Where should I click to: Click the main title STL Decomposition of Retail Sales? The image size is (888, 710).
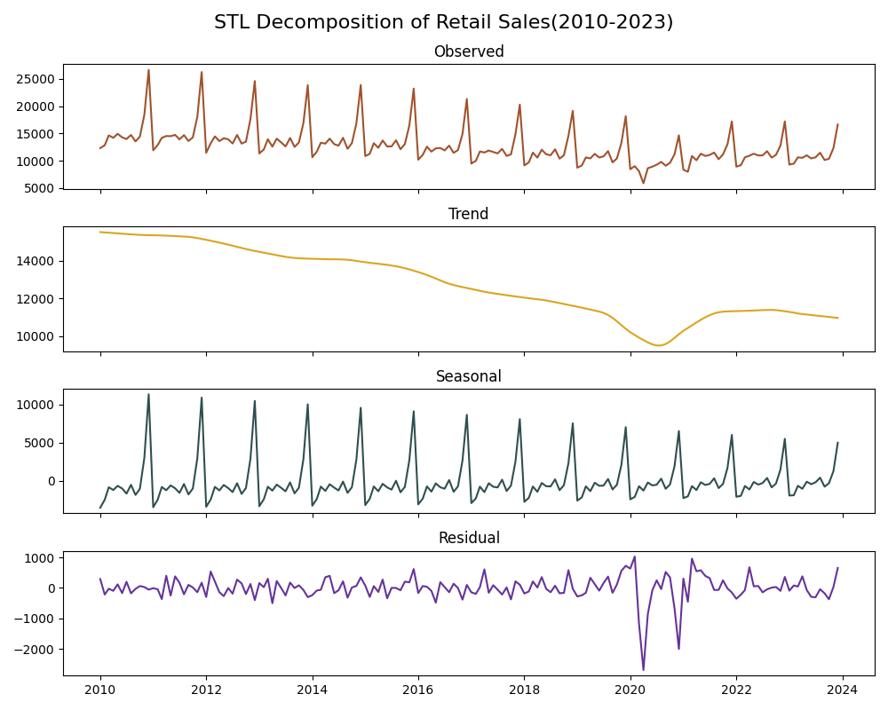(443, 22)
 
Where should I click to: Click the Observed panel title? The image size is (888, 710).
(469, 51)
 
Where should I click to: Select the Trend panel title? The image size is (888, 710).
(469, 214)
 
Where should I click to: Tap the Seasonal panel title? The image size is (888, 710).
(469, 376)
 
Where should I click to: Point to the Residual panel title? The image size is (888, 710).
(469, 538)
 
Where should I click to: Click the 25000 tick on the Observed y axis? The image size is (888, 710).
(36, 79)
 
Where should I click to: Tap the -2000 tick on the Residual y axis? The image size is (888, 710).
(36, 649)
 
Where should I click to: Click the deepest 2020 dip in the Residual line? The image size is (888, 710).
(644, 670)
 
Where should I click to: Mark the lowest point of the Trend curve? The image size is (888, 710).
(658, 345)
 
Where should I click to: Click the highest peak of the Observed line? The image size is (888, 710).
(148, 70)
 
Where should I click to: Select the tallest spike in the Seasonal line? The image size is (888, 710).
(148, 394)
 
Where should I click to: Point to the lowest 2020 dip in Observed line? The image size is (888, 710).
(644, 183)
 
